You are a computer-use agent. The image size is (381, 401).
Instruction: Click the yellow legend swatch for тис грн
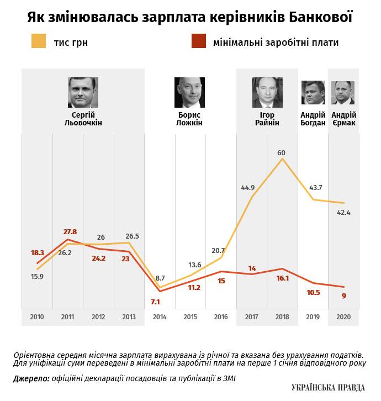(x=39, y=41)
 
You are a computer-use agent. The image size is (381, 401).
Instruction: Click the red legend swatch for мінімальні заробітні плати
(x=198, y=41)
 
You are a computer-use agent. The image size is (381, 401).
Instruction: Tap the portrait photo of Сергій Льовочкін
(x=83, y=92)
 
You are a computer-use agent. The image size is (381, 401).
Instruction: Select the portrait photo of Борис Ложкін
(x=189, y=92)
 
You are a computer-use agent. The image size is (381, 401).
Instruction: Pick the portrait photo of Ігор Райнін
(x=267, y=92)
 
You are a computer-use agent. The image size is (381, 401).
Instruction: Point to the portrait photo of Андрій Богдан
(x=313, y=92)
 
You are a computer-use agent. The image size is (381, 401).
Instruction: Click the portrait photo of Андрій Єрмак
(x=343, y=92)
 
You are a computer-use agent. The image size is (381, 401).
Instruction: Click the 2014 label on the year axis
(x=160, y=318)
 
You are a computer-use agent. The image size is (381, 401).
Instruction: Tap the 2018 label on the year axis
(x=283, y=318)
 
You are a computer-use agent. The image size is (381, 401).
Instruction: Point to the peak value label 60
(x=282, y=152)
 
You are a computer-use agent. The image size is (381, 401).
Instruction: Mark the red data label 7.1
(x=155, y=302)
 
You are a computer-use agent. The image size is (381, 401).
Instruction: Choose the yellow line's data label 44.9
(x=248, y=188)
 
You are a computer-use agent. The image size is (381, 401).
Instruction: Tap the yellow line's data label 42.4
(x=343, y=212)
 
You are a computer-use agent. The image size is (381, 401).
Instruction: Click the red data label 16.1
(x=282, y=278)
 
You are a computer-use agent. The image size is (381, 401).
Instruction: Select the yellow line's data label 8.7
(x=160, y=278)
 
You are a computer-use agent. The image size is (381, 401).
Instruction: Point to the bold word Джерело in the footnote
(x=29, y=378)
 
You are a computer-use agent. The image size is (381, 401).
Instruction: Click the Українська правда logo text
(x=328, y=388)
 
